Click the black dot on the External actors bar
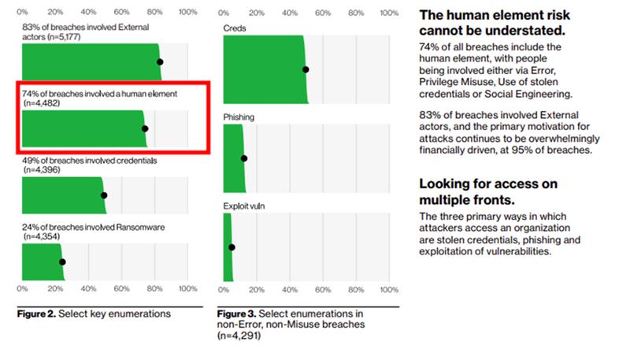(160, 62)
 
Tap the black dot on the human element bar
(145, 128)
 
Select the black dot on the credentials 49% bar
(104, 195)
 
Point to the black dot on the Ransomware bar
(62, 262)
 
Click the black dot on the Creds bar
(306, 69)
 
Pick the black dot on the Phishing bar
(244, 158)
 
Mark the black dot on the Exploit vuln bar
(232, 247)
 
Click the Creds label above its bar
(235, 28)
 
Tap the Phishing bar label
(239, 117)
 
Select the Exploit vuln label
(244, 206)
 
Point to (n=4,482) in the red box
(42, 103)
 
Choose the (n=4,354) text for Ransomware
(42, 236)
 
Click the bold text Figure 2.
(36, 314)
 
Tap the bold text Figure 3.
(237, 314)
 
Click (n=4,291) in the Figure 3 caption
(239, 336)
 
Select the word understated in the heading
(527, 31)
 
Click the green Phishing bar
(234, 158)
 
